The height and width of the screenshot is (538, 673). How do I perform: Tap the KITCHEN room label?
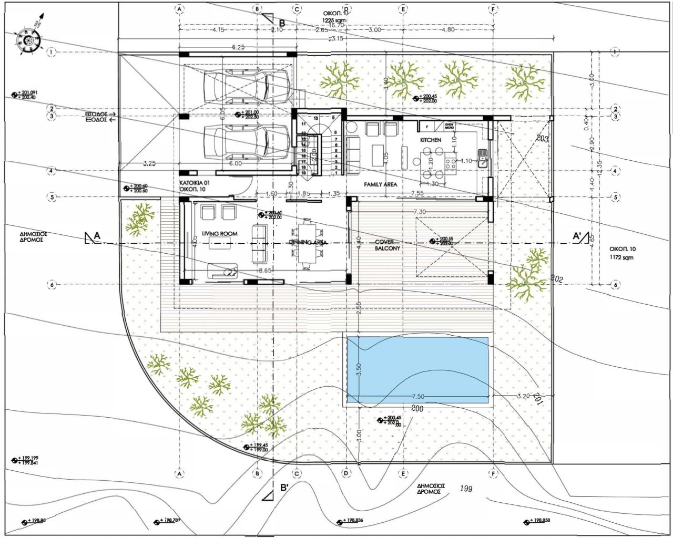430,140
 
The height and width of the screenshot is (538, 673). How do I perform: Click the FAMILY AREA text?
380,185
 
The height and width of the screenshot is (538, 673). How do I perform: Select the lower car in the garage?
247,142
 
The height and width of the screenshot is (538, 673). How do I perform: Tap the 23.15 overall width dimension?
336,38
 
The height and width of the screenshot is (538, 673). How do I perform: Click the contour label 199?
465,489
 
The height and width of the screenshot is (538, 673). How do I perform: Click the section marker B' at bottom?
284,488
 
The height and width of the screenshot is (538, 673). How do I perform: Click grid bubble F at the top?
493,9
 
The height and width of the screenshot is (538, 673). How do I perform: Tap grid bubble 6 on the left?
51,284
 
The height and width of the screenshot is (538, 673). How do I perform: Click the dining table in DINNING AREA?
307,242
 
